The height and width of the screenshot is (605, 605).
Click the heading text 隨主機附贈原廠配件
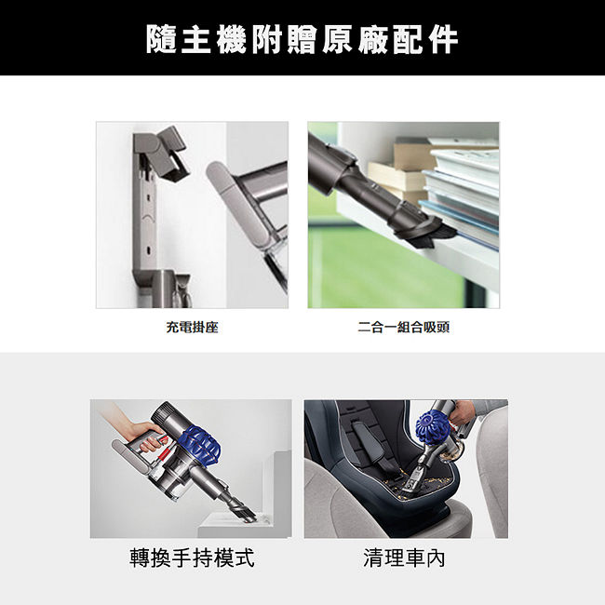pyautogui.click(x=302, y=39)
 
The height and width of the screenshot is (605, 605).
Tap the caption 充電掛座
pyautogui.click(x=192, y=328)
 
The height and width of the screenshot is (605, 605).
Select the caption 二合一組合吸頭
pyautogui.click(x=403, y=328)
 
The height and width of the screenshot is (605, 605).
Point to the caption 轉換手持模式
pyautogui.click(x=192, y=558)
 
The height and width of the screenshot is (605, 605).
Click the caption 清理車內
pyautogui.click(x=404, y=558)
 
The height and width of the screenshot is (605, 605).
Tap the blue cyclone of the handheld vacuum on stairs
pyautogui.click(x=200, y=445)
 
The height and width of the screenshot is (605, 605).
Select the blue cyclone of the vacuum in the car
pyautogui.click(x=434, y=426)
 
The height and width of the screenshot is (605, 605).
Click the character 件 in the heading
pyautogui.click(x=444, y=39)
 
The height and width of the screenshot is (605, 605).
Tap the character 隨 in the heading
pyautogui.click(x=161, y=39)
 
